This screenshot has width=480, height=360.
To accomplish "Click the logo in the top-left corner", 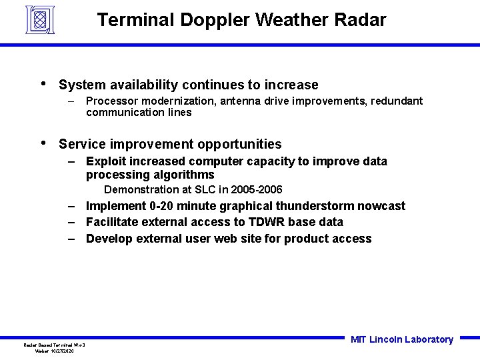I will coord(39,19).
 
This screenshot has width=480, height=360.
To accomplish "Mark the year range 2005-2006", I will coord(257,190).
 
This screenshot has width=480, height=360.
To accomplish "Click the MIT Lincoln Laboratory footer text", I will coord(401,339).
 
